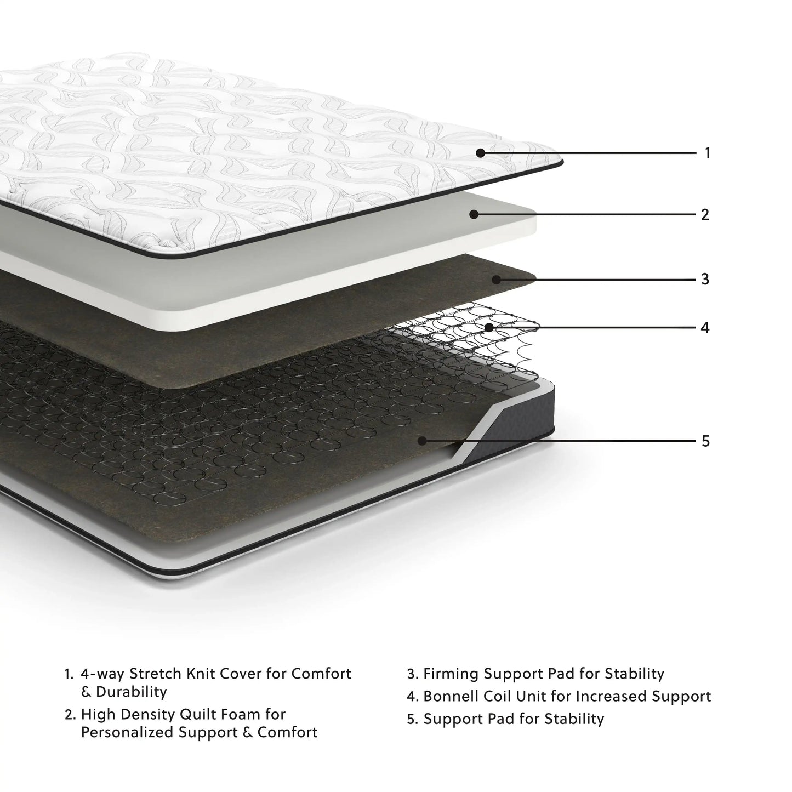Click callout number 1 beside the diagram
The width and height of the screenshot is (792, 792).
tap(707, 153)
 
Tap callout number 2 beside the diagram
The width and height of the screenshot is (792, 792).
tap(705, 214)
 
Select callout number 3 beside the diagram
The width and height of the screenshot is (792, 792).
tap(705, 279)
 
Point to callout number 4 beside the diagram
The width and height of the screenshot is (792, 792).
tap(705, 328)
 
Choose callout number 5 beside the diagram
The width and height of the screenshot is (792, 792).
tap(705, 441)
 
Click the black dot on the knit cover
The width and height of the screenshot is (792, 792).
tap(480, 153)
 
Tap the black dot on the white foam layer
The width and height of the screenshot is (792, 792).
tap(474, 214)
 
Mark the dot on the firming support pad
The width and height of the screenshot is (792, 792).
tap(495, 279)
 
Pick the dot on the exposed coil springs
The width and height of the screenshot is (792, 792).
tap(488, 327)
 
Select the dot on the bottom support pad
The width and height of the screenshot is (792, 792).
tap(421, 440)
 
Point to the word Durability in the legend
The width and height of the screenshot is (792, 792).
tap(131, 692)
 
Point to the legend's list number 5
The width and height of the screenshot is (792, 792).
tap(412, 719)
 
